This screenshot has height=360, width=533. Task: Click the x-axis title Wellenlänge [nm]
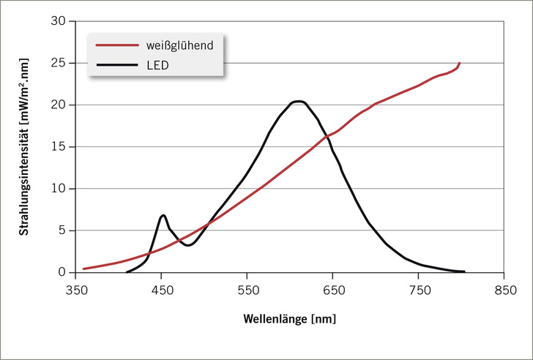(x=290, y=319)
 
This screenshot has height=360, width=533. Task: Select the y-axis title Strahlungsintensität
(x=23, y=146)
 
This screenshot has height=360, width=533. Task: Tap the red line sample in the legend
(x=116, y=45)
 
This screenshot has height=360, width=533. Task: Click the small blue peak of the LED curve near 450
(x=163, y=215)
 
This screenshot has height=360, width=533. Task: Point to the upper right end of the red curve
(x=460, y=63)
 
